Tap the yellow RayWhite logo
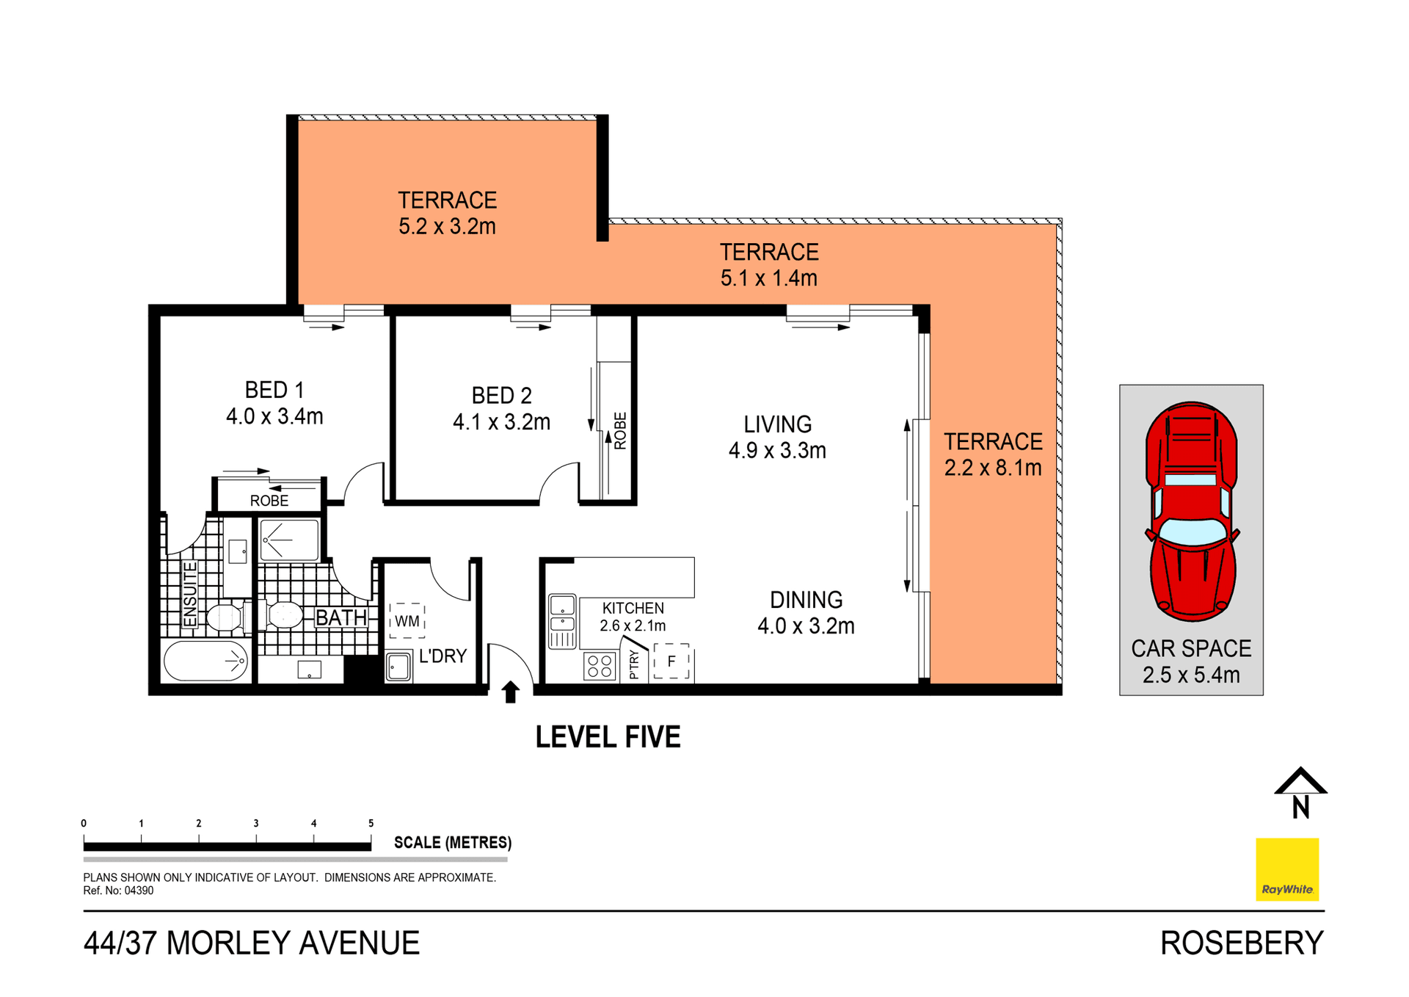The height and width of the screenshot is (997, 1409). click(x=1287, y=869)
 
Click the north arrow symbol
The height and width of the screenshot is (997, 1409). click(x=1300, y=793)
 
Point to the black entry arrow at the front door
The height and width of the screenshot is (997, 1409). click(x=511, y=692)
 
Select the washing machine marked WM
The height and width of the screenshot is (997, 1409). click(x=407, y=620)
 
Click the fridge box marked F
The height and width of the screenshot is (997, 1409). click(x=671, y=661)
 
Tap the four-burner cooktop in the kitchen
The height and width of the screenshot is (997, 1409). click(x=600, y=666)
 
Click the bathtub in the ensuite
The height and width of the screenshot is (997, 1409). click(x=206, y=661)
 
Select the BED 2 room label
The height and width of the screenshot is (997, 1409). click(x=501, y=408)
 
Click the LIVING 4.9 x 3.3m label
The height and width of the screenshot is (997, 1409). click(x=777, y=437)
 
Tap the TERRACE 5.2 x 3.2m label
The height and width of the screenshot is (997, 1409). click(x=447, y=213)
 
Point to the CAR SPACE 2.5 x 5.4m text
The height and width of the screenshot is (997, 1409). click(x=1191, y=661)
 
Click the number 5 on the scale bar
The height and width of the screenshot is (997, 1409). click(x=371, y=823)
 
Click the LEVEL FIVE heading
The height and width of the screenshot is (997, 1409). click(x=608, y=736)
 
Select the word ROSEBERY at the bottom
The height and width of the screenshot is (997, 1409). click(x=1242, y=943)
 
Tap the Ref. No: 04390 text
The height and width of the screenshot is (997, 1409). click(x=118, y=891)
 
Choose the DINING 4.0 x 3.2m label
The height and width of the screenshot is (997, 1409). click(x=806, y=612)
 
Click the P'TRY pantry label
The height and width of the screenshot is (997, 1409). click(x=634, y=664)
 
